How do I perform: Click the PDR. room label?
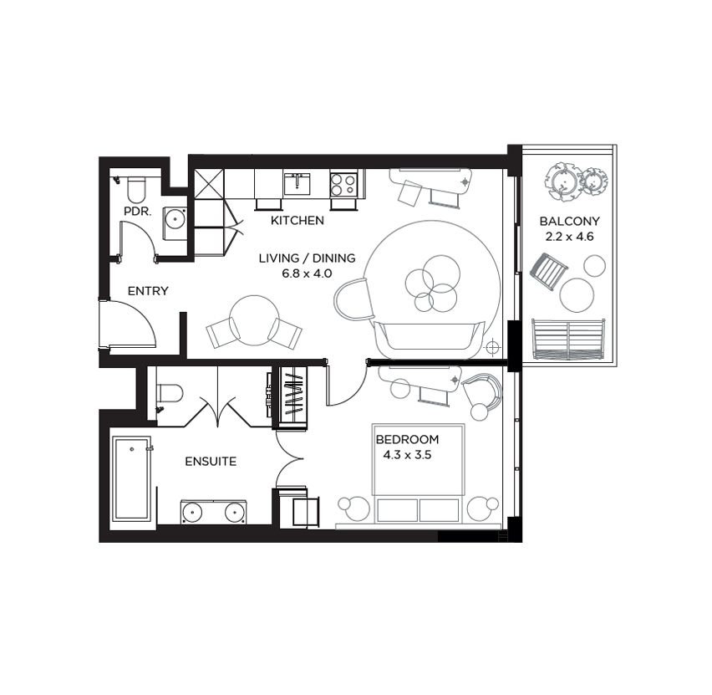point(137,212)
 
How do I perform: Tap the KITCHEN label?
point(298,221)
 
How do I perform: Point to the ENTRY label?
point(148,291)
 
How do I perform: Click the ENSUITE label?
point(211,462)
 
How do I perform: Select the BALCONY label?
point(569,222)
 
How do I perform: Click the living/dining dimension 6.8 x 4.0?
point(308,273)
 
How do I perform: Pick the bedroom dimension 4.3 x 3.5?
point(407,455)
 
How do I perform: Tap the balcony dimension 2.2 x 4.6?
point(569,237)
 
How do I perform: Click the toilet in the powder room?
point(135,190)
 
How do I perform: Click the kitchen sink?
point(297,184)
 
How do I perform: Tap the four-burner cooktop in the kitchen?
point(343,185)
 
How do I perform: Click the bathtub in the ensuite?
point(132,479)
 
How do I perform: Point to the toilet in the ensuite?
point(170,394)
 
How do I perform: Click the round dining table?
point(254,321)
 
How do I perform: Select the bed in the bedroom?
point(418,473)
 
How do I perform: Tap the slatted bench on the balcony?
point(569,340)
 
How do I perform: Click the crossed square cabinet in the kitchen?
point(209,184)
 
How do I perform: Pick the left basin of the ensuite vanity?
point(192,514)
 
